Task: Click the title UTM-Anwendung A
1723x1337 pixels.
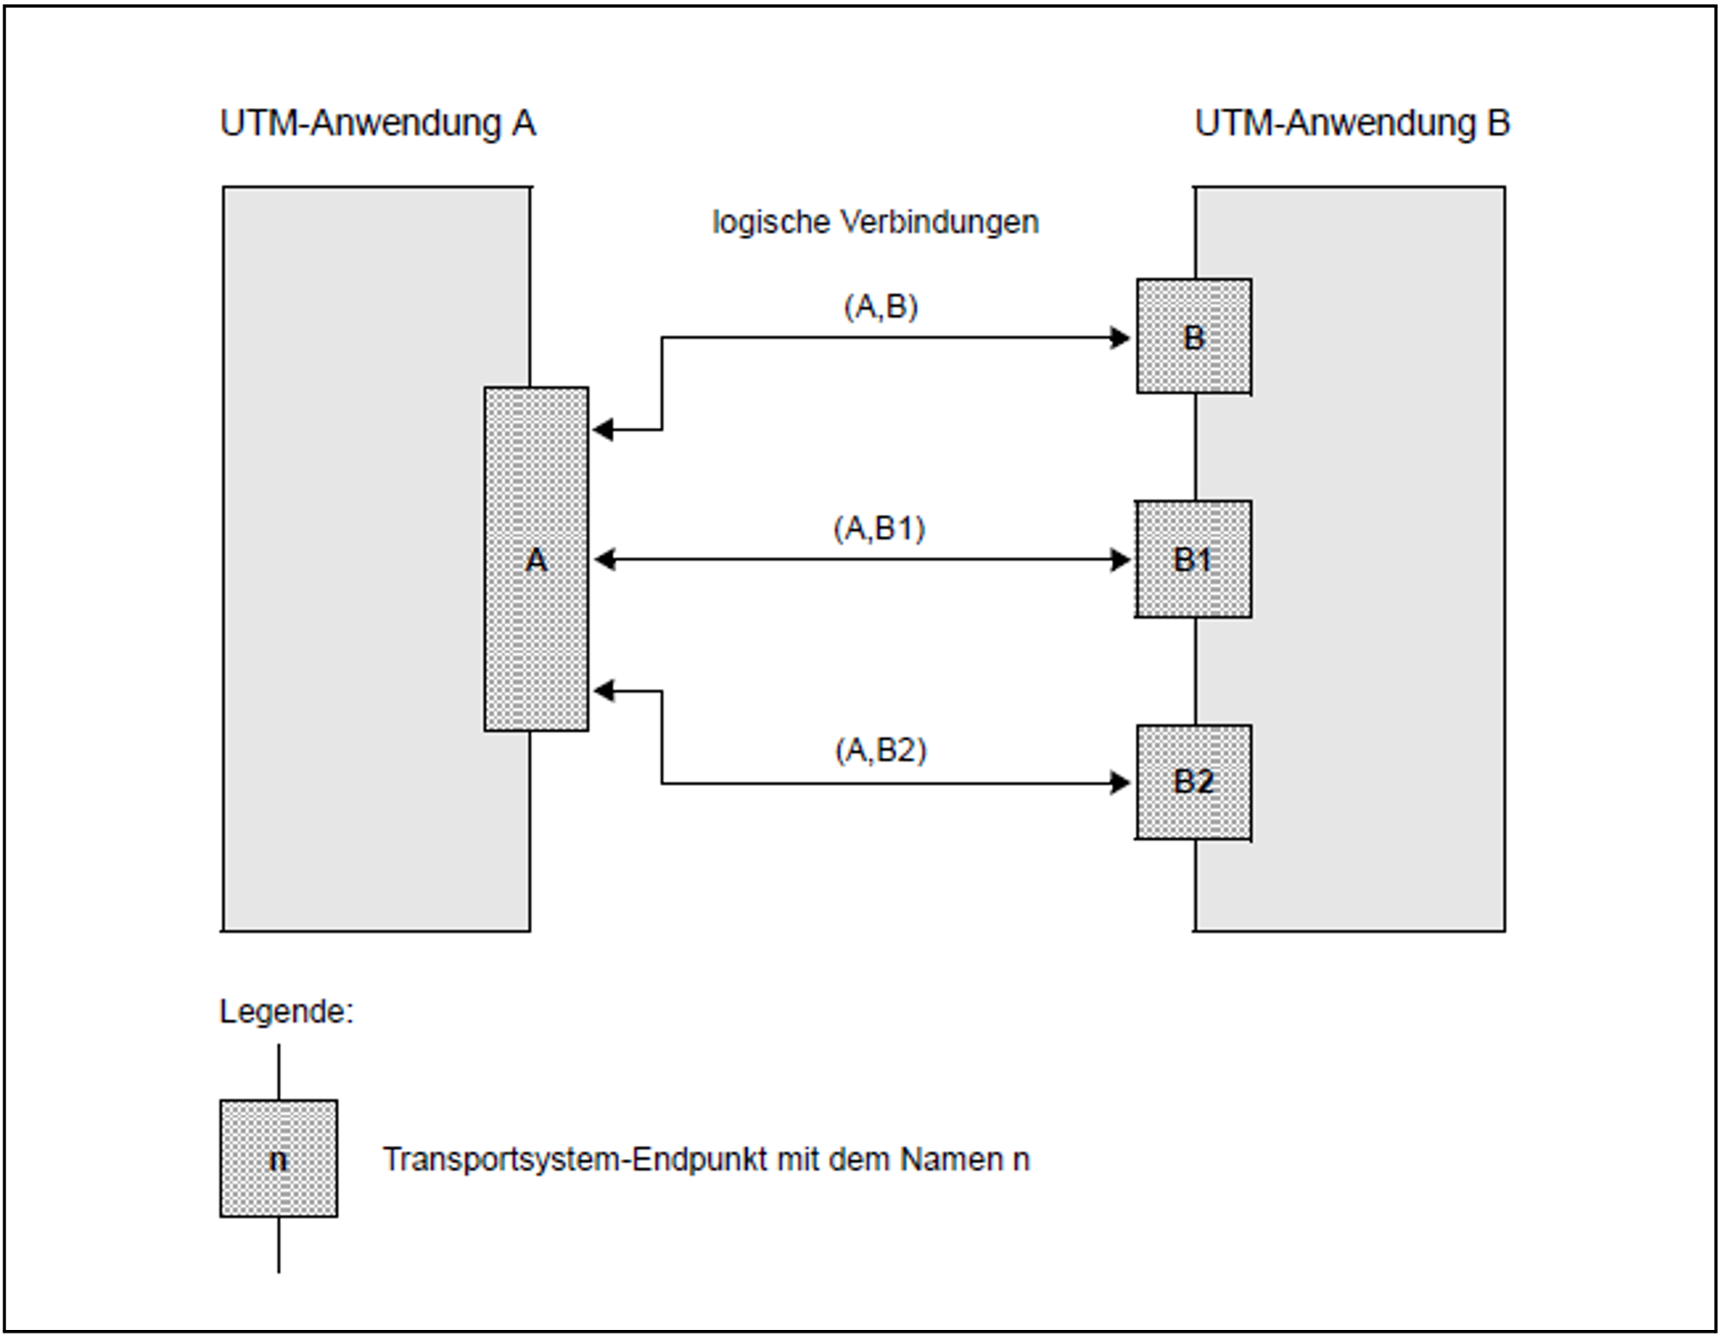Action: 378,123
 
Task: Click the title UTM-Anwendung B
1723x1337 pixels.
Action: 1351,123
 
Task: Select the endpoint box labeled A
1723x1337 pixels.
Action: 536,560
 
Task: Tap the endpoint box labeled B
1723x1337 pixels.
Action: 1194,337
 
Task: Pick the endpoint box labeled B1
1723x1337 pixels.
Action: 1193,560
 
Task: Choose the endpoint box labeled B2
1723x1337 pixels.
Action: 1194,782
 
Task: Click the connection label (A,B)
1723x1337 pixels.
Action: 880,306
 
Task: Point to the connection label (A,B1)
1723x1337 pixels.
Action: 880,528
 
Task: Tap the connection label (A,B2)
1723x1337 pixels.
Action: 880,750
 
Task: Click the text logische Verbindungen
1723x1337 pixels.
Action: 875,222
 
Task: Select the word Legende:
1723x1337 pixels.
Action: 286,1011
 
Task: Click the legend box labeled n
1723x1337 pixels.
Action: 278,1159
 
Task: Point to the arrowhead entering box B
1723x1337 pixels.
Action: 1120,338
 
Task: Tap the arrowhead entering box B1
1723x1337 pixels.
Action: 1120,560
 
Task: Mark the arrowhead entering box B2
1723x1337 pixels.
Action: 1120,782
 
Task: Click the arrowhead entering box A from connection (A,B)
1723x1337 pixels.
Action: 603,430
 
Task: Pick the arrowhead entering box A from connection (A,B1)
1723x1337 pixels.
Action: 605,560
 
